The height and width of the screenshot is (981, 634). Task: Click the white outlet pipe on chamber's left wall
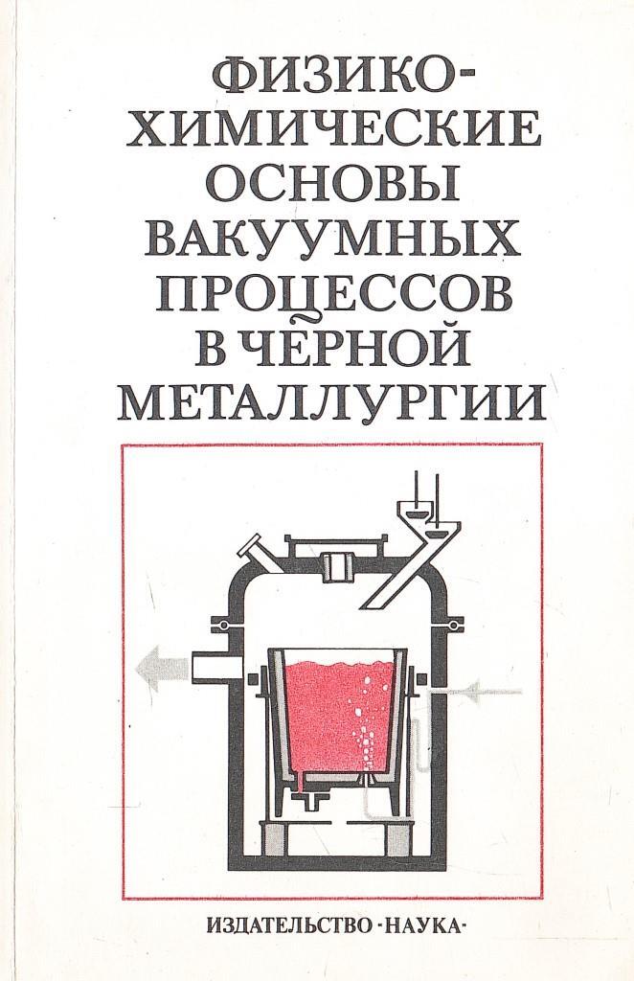pyautogui.click(x=211, y=663)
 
